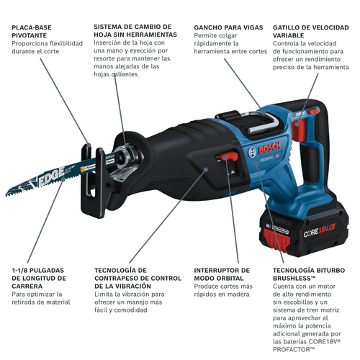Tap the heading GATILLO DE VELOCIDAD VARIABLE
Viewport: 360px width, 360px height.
(x=305, y=31)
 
